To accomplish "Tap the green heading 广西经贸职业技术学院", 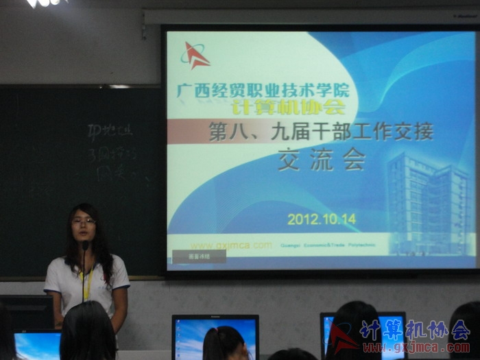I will click(263, 91).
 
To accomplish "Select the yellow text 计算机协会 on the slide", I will click(287, 107).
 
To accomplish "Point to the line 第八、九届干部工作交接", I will click(321, 131).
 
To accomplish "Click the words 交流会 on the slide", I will click(321, 160).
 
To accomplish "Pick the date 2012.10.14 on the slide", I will click(321, 219).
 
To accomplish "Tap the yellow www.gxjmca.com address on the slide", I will click(230, 245).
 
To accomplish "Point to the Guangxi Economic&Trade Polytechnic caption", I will click(325, 245).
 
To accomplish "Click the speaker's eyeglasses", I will click(84, 221).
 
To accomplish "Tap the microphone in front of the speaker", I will click(85, 245).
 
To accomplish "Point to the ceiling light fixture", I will click(47, 3).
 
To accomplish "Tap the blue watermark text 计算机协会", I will click(415, 331).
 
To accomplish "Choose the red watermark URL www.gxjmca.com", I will click(416, 348).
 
